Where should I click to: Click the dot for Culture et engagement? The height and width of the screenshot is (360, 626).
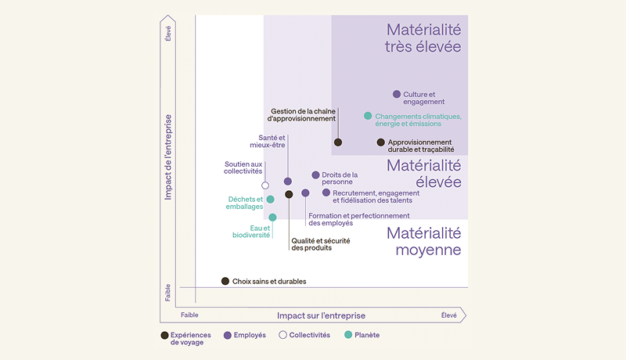point(397,95)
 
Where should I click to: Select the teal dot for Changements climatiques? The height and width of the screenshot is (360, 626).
point(368,116)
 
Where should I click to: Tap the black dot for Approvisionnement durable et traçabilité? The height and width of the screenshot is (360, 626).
point(381,142)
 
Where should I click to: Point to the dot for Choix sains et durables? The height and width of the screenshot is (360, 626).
point(225,281)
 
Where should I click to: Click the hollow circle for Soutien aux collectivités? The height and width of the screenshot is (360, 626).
point(265,185)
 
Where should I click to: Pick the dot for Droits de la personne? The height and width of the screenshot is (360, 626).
point(315,175)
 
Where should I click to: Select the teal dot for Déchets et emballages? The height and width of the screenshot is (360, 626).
point(271,200)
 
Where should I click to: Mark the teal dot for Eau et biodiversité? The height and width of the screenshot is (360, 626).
point(272,218)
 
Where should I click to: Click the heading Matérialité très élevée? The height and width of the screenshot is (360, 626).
point(423,38)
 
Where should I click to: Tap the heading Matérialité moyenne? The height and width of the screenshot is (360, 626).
point(423,242)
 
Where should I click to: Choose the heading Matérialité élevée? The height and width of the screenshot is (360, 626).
point(423,174)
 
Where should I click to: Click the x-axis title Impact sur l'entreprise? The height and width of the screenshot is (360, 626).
point(321,315)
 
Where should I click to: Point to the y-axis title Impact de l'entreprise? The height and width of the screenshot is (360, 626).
point(168,157)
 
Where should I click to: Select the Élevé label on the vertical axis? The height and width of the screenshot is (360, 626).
point(168,34)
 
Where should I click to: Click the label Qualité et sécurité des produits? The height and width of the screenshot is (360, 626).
point(311,244)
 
